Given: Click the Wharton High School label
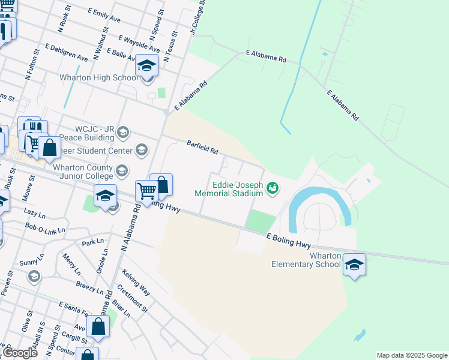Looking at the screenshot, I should coord(98,78).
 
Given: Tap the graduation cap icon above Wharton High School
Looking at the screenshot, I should coord(146,65).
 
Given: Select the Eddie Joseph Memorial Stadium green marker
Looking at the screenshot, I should coord(273,188).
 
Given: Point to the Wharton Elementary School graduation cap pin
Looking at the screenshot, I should coord(354,264).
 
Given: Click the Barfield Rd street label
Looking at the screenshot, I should coord(202,146).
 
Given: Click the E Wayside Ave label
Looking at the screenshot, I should coord(139,44).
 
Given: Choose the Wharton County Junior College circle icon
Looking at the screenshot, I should coord(122,172).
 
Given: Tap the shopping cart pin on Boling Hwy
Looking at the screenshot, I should coord(146,191).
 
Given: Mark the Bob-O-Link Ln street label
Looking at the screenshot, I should coord(45,228).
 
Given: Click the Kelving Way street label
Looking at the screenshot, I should coord(136,282).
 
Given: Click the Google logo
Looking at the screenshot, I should coord(19,353).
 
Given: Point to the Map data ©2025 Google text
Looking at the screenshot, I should coord(412,355).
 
